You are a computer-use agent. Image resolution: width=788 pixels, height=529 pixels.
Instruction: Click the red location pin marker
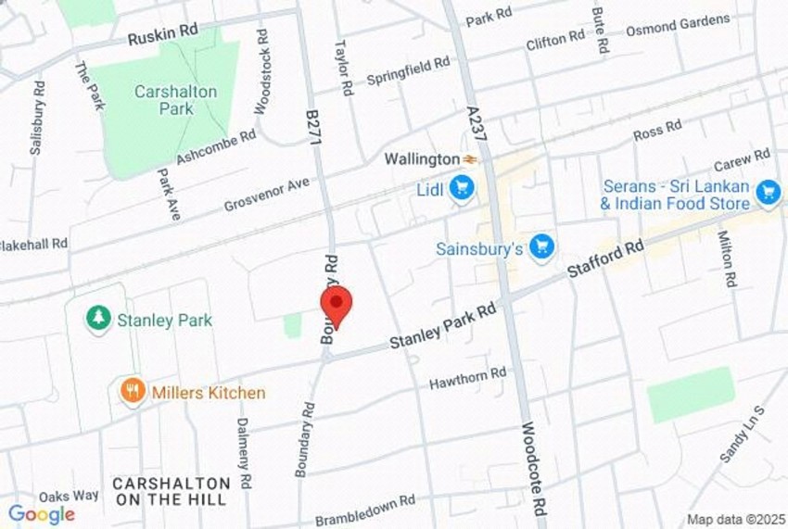click(x=336, y=305)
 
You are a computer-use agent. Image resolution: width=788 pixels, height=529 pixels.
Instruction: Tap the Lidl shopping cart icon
click(x=461, y=189)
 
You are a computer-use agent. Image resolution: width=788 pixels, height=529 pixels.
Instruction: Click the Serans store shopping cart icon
click(x=767, y=192)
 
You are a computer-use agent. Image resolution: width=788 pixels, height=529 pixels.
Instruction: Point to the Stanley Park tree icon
click(x=97, y=320)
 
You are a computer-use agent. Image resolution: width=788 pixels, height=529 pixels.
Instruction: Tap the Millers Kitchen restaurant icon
click(x=133, y=392)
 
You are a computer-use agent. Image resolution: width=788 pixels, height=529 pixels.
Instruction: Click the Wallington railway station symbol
click(x=470, y=159)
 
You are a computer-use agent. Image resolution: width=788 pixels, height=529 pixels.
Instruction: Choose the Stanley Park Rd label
click(x=443, y=329)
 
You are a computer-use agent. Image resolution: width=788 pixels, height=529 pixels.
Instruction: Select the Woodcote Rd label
click(x=534, y=473)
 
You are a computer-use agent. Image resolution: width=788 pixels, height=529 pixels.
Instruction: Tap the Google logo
click(x=42, y=514)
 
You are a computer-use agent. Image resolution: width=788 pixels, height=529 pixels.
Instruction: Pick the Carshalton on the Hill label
click(x=172, y=491)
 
